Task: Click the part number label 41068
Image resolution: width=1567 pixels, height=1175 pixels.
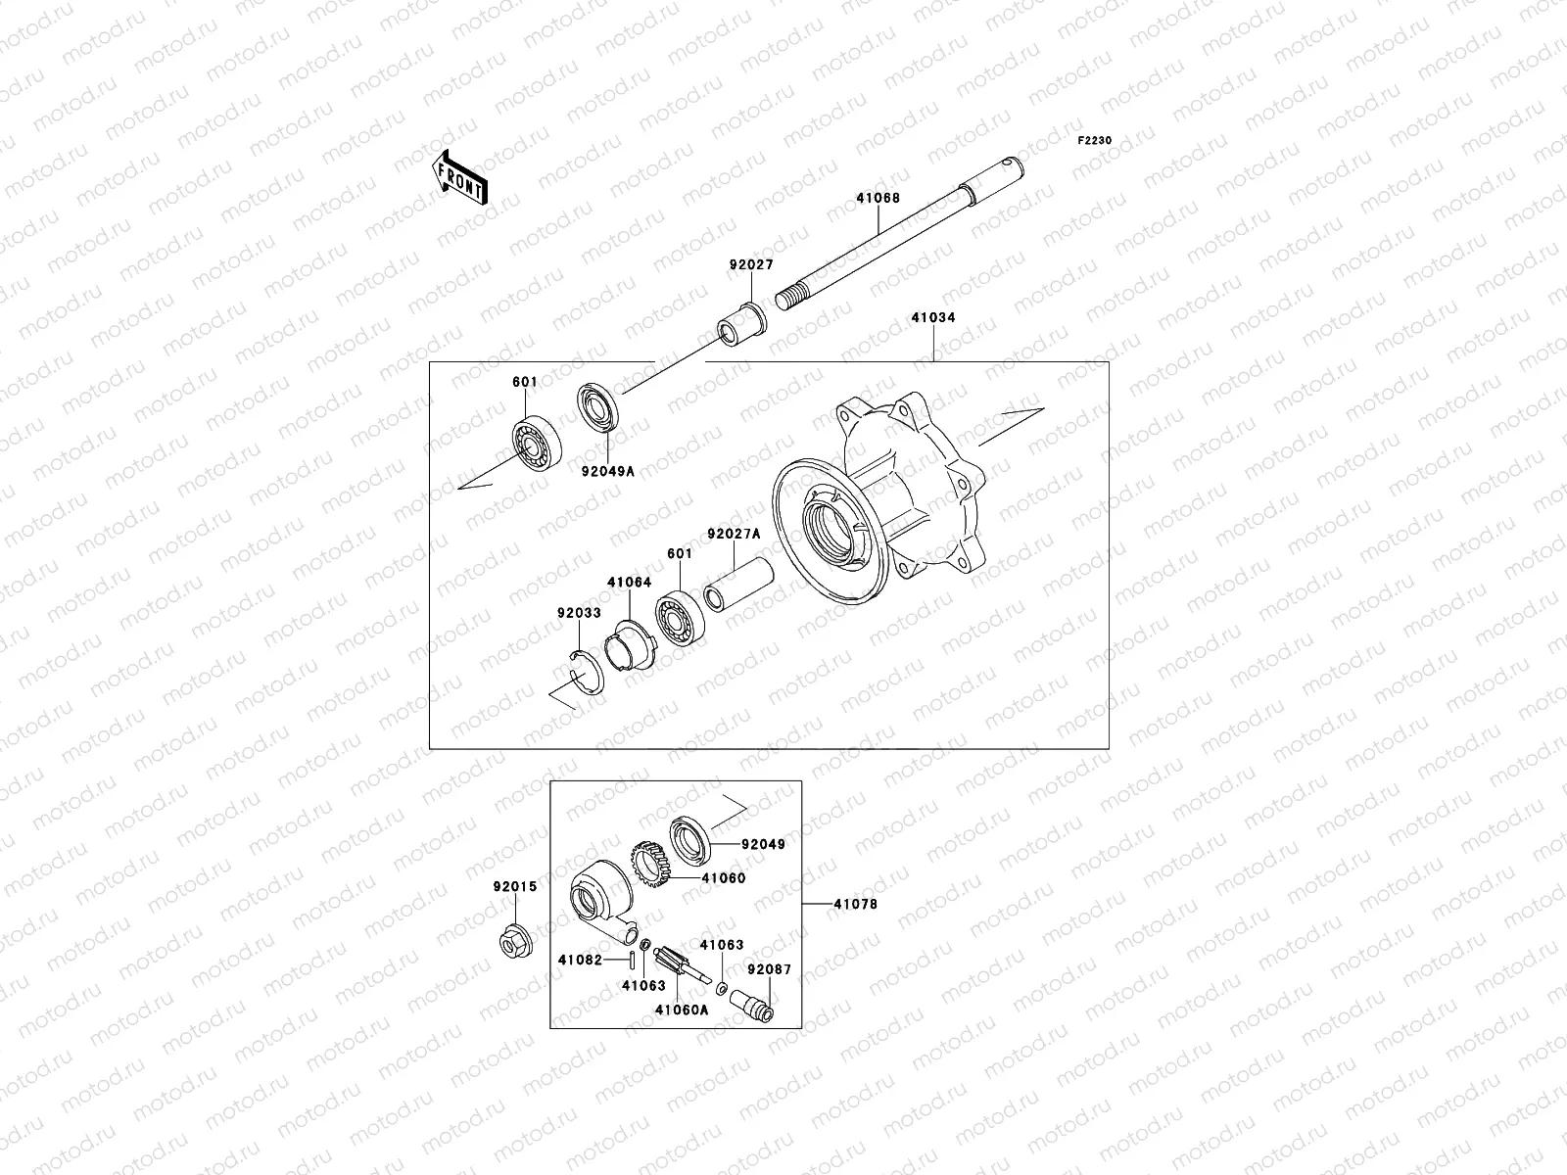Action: (x=878, y=198)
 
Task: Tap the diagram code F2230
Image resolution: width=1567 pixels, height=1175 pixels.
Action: (x=1095, y=141)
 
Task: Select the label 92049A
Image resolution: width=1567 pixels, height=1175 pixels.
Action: (x=607, y=471)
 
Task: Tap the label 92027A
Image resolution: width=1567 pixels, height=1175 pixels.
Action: (x=734, y=535)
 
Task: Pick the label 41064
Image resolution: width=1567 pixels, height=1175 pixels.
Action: (x=629, y=582)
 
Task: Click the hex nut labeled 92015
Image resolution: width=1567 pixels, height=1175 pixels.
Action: (x=514, y=942)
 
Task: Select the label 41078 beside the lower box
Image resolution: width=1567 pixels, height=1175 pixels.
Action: (x=855, y=904)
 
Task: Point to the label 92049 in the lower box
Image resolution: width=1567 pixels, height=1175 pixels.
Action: (x=763, y=843)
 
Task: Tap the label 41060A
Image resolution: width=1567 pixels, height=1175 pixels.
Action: (x=681, y=1010)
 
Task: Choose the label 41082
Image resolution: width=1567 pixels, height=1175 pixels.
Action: (x=580, y=961)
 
